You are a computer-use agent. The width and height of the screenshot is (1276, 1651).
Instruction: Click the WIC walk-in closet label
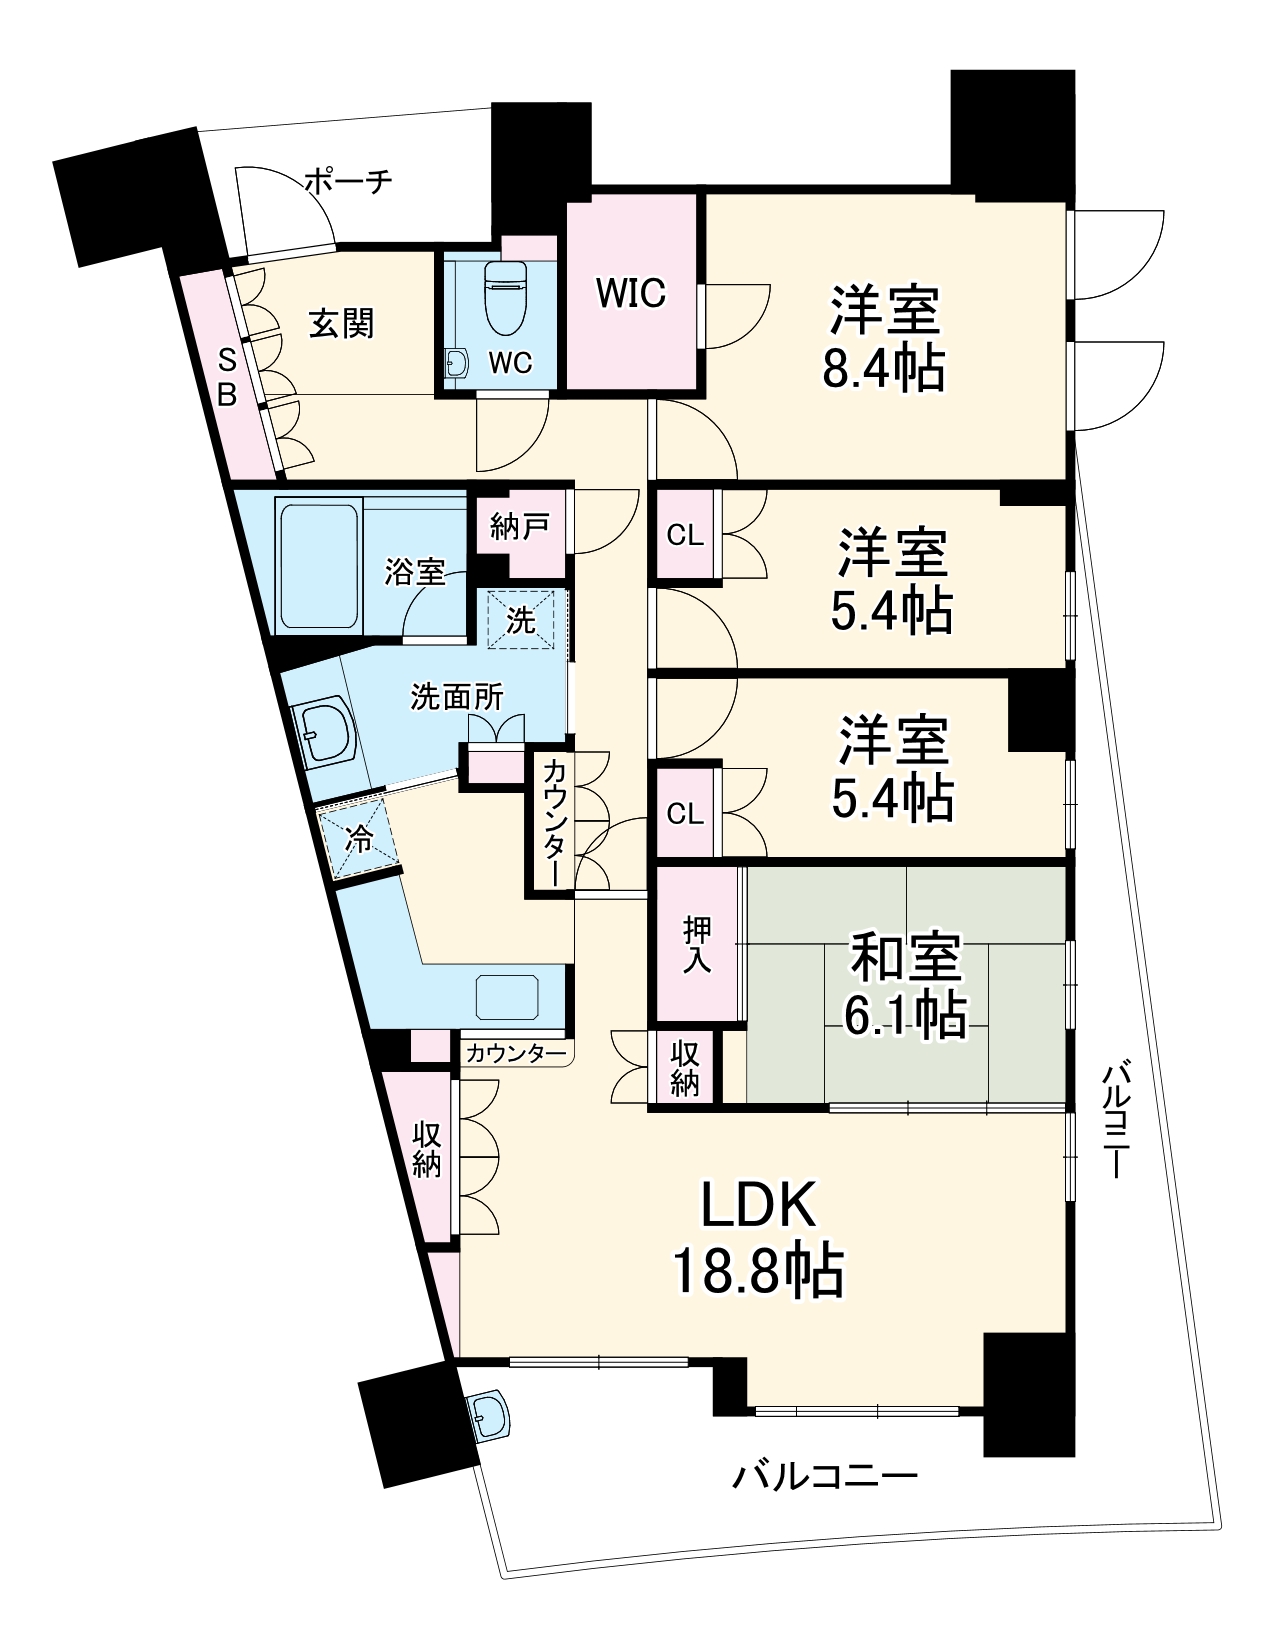coord(630,293)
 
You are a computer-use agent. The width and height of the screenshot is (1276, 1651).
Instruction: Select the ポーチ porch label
coord(347,182)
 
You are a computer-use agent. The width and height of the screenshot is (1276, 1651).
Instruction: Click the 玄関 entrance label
coord(341,323)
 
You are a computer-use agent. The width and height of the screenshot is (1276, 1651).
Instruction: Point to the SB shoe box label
coord(228,377)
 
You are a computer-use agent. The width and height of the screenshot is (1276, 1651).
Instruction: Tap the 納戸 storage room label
coord(519,526)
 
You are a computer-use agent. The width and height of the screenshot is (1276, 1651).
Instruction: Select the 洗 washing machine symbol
coord(520,620)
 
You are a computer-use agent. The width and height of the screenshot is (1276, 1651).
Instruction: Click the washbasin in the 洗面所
coord(323,733)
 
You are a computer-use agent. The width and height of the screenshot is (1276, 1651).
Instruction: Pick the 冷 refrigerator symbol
coord(358,838)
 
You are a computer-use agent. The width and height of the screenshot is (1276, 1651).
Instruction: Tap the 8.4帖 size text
coord(884,368)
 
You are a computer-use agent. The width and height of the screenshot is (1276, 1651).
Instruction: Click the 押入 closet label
coord(697,945)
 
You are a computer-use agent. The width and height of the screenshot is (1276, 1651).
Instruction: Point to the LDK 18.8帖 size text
coord(758,1270)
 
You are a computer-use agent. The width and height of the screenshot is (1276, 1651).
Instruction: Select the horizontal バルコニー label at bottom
coord(825,1476)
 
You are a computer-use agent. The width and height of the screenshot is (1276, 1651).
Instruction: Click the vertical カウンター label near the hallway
coord(554,822)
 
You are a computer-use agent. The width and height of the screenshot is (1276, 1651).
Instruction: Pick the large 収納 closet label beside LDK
coord(427,1150)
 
